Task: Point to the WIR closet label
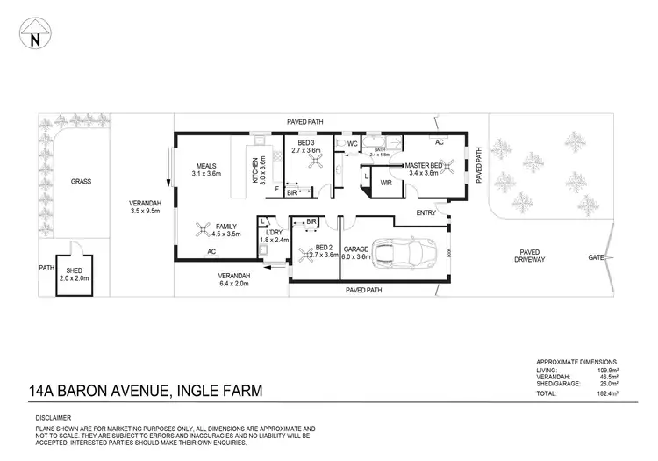coord(385,184)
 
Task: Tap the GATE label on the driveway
coord(595,258)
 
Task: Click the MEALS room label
coord(207,166)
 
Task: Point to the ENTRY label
coord(426,212)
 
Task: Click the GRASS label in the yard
coord(81,182)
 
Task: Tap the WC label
coord(352,143)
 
